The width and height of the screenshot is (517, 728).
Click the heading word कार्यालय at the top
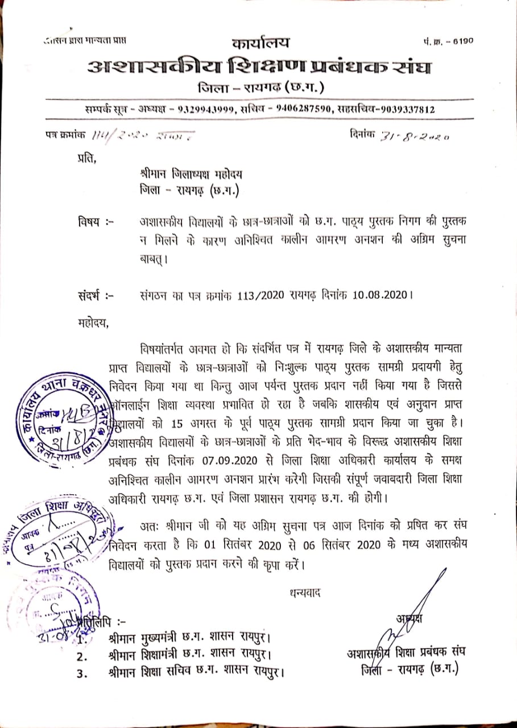click(260, 43)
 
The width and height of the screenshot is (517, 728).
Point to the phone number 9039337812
click(408, 110)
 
